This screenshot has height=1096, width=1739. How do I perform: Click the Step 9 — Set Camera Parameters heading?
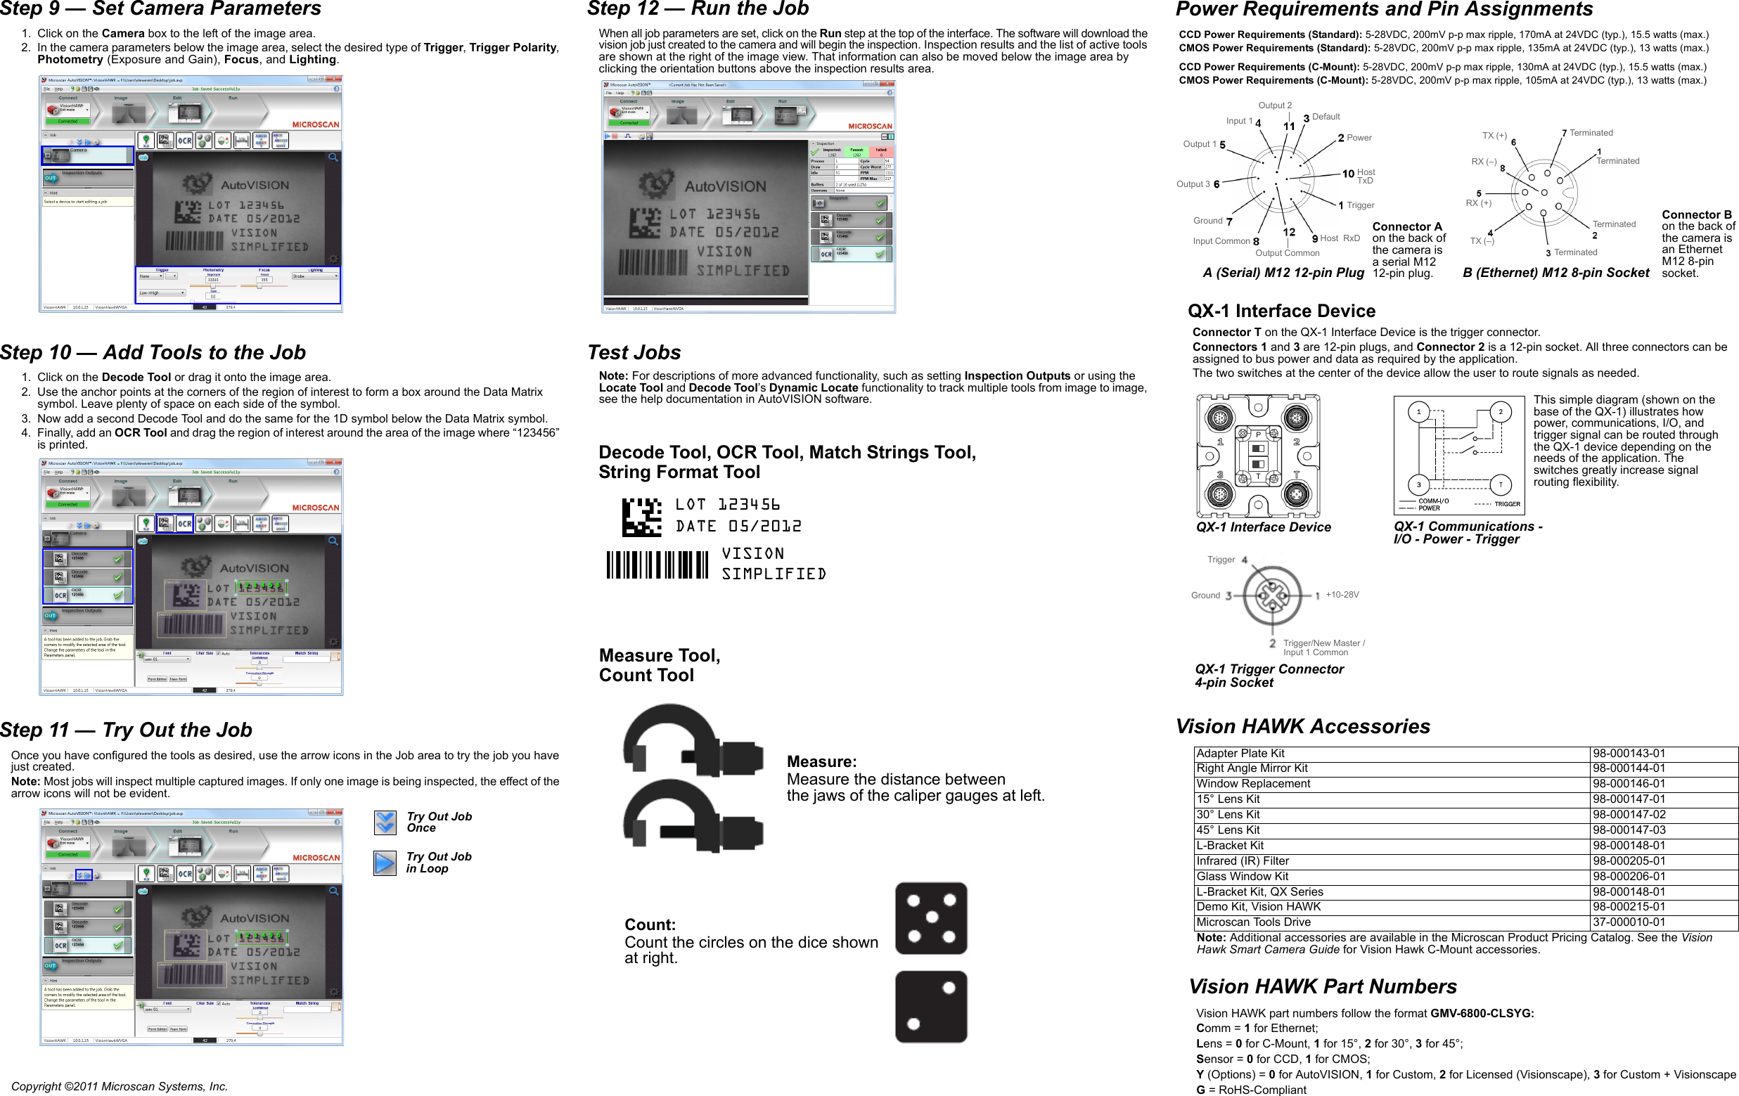[160, 8]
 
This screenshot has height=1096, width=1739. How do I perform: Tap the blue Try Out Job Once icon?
[385, 823]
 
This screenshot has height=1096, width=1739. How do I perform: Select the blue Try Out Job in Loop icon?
[385, 863]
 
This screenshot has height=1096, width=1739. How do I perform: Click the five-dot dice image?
[931, 918]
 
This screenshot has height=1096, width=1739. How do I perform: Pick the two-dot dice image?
[931, 1007]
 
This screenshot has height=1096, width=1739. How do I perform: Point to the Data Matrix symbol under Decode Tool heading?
[641, 517]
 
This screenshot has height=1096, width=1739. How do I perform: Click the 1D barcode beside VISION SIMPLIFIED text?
[657, 565]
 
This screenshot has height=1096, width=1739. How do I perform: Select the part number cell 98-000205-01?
[1629, 860]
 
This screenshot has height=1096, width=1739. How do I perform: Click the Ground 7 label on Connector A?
[1212, 221]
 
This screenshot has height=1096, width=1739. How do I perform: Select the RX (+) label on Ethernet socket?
[1478, 203]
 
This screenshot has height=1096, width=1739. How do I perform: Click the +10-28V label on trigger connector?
[1342, 595]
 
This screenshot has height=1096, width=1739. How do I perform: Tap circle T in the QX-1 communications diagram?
[1500, 485]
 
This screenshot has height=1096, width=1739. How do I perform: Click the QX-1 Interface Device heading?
[1281, 311]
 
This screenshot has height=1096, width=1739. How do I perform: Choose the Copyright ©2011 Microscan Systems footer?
[119, 1086]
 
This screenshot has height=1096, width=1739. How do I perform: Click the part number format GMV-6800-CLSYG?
[1482, 1013]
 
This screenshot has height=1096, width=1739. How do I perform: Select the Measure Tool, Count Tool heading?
[659, 665]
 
